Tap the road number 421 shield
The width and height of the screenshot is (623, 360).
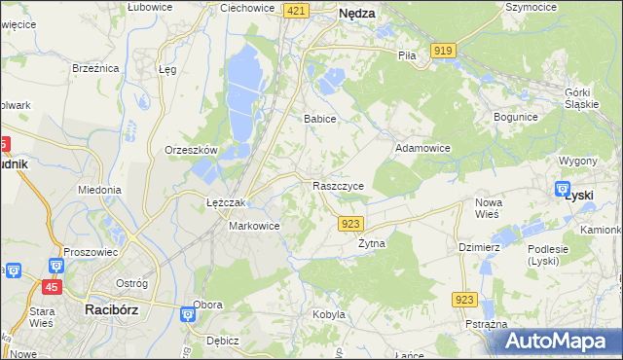(x=298, y=10)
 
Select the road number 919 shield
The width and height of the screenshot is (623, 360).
(x=445, y=51)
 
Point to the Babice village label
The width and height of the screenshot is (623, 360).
(x=319, y=119)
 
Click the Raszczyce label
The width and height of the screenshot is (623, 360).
(x=338, y=185)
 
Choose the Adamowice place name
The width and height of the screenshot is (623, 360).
(x=421, y=148)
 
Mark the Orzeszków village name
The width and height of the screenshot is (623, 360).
(x=191, y=151)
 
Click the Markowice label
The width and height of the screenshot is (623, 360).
(x=254, y=226)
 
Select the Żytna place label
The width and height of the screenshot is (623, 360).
(x=372, y=243)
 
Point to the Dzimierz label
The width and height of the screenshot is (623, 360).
(x=479, y=247)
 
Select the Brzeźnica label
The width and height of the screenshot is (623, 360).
(x=95, y=68)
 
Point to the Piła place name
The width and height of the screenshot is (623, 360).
(x=407, y=55)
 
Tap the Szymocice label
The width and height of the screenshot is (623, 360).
(x=531, y=7)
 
